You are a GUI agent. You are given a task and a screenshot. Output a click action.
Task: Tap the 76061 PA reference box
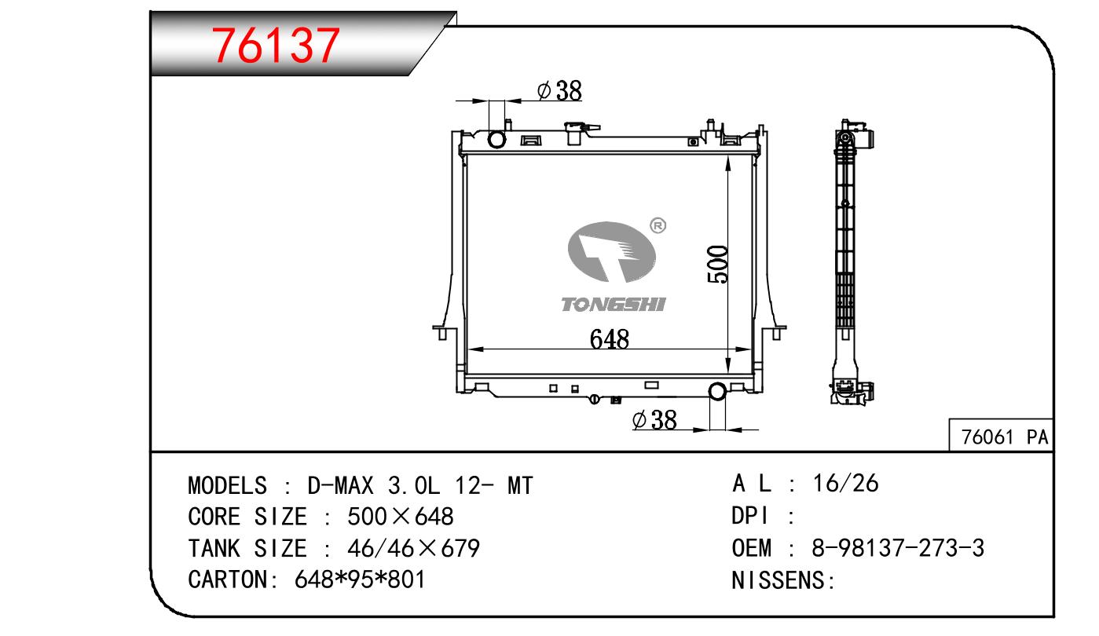tap(1001, 435)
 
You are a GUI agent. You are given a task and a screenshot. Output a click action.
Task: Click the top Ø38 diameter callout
tap(559, 91)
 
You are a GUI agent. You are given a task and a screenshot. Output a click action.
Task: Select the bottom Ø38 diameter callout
tap(654, 420)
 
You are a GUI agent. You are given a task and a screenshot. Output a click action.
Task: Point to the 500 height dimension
tap(717, 264)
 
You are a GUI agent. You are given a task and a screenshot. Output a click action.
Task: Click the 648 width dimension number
tap(609, 339)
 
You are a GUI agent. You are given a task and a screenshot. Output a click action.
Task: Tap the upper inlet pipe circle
tap(496, 139)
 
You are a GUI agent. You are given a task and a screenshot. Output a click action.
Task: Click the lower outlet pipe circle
tap(717, 391)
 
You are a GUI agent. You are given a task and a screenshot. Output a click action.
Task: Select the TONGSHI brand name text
tap(614, 305)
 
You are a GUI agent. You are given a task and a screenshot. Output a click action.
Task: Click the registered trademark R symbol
tap(658, 225)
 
